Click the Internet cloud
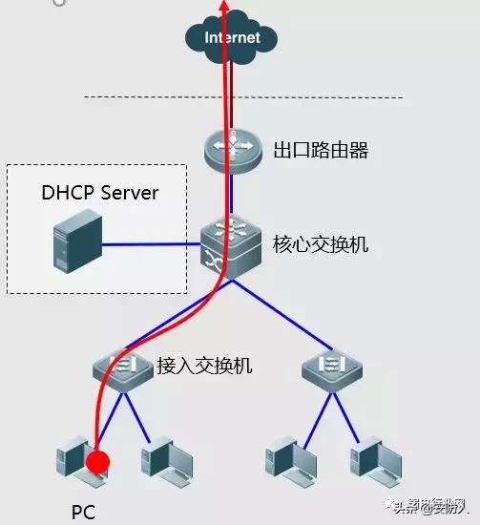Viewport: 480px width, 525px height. pos(231,38)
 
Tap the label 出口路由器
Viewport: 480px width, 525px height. pos(321,151)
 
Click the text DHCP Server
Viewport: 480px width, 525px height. pos(99,193)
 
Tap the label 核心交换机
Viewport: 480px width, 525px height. pos(321,245)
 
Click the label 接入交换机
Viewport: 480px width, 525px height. pos(204,365)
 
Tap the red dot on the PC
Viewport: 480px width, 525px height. pos(97,464)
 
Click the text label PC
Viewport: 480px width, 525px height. pos(84,513)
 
